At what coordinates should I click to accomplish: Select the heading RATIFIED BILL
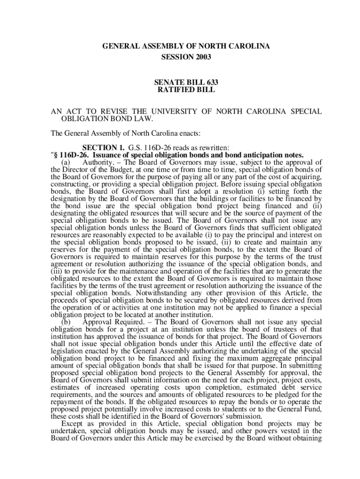186,90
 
